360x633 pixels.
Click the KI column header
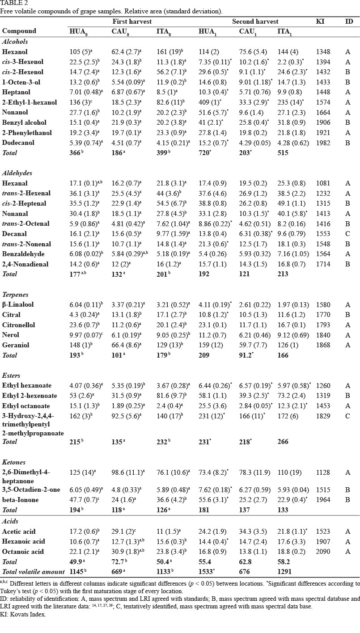coord(322,21)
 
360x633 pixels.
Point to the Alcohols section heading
coord(15,41)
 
